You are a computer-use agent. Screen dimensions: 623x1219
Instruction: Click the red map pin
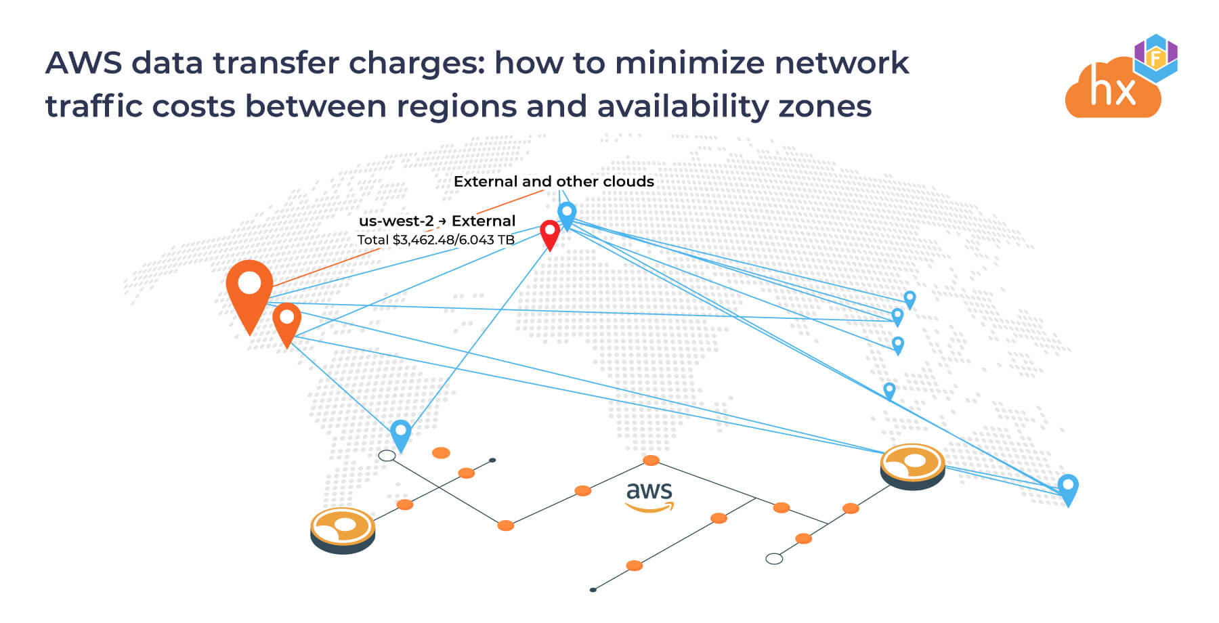click(x=550, y=233)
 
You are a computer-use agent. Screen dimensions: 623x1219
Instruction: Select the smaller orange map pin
click(x=286, y=321)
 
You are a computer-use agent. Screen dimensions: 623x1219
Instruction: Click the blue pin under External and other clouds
click(x=567, y=214)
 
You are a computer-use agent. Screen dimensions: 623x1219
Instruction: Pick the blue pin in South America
click(x=401, y=433)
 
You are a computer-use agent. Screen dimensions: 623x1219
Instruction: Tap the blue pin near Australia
click(x=1068, y=488)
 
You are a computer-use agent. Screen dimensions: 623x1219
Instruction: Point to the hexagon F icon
click(x=1156, y=58)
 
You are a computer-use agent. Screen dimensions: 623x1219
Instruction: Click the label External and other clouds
click(x=553, y=181)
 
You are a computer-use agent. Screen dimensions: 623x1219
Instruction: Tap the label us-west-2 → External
click(x=437, y=221)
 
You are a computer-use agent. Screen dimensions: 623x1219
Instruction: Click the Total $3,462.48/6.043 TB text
click(x=435, y=240)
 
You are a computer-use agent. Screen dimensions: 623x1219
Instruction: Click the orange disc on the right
click(x=912, y=464)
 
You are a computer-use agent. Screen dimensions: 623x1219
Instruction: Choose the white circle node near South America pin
click(x=387, y=456)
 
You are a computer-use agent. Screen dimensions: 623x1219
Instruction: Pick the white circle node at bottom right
click(x=774, y=559)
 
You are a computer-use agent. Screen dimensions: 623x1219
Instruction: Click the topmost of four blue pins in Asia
click(x=910, y=299)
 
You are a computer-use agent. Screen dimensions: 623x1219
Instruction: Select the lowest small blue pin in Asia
click(x=889, y=390)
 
